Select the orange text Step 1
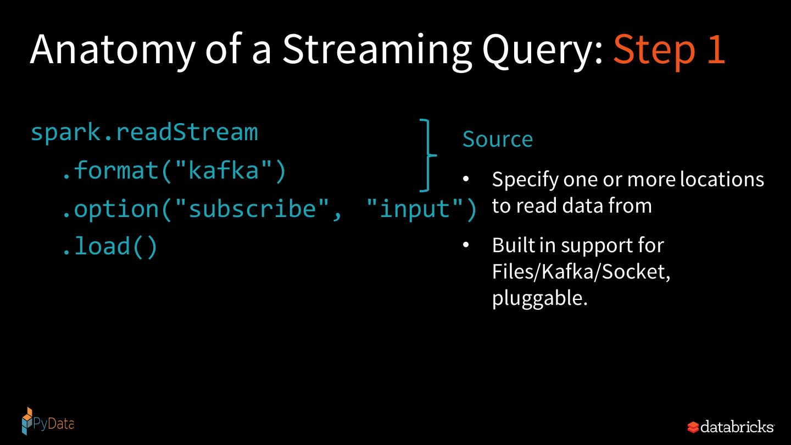[669, 49]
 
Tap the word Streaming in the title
[376, 49]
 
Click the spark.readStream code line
[144, 132]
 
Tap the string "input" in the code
[415, 209]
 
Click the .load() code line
[109, 246]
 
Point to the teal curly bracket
[428, 155]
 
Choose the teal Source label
[497, 140]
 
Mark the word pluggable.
[539, 298]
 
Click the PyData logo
[47, 422]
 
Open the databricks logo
[731, 426]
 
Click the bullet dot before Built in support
[466, 246]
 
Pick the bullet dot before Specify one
[466, 180]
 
